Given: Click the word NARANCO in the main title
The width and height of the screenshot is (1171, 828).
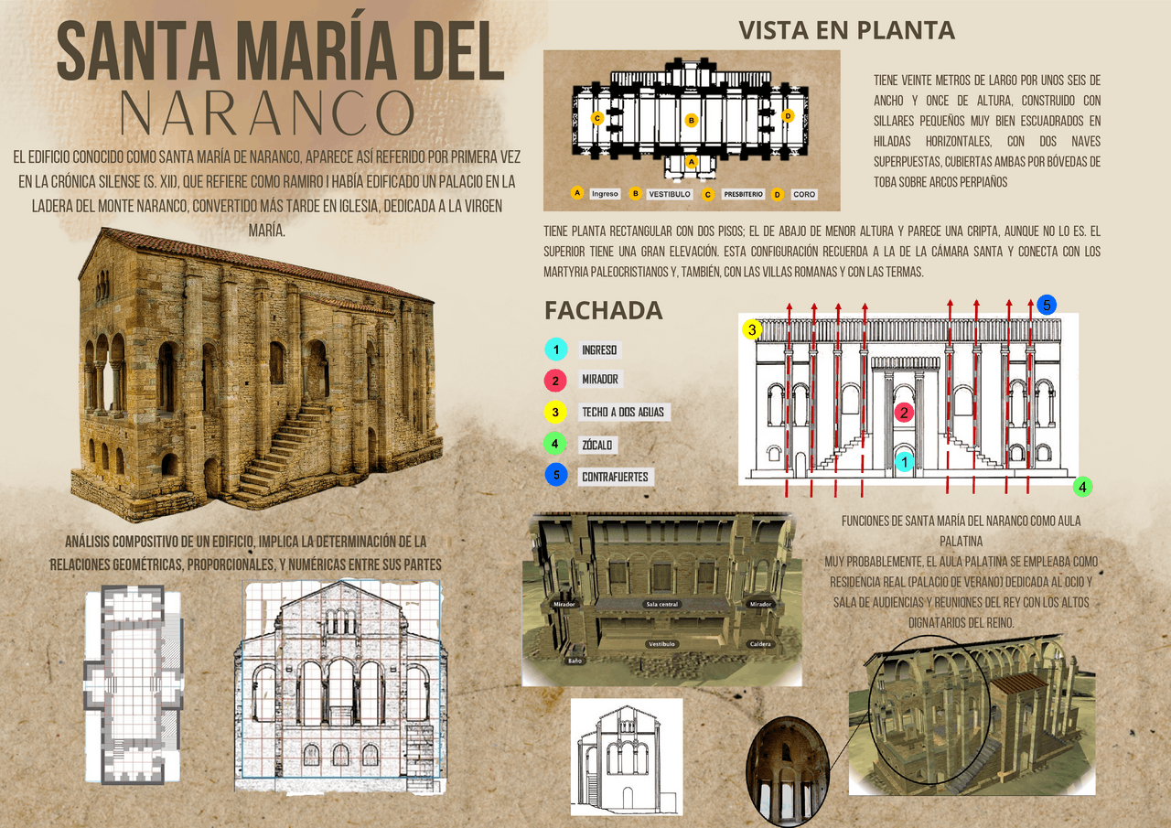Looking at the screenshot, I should point(268,112).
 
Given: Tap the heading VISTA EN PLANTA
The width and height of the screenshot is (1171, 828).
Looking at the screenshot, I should point(846,30).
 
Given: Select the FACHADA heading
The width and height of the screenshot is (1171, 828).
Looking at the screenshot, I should point(603,310).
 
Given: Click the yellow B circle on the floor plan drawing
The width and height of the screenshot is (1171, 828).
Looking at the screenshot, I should point(692,120).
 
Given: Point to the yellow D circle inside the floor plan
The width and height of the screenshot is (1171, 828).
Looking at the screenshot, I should point(788,116).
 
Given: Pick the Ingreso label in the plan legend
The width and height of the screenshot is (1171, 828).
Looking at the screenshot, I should point(605,193).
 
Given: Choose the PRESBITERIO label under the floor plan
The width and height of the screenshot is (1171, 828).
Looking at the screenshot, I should point(742,194).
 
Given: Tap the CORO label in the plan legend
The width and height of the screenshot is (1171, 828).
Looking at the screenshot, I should point(803,194).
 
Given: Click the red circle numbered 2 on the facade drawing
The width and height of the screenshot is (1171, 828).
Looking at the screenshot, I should point(904,412).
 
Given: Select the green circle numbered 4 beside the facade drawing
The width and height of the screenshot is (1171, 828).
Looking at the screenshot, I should point(1083,487).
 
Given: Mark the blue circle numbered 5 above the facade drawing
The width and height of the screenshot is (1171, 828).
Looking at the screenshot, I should point(1047,305).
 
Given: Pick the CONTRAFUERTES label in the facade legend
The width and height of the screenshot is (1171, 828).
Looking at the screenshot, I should point(615,477).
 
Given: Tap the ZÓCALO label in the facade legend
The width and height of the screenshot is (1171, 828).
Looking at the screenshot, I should point(597,446).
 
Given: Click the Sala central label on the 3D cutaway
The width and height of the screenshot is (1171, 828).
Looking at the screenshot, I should point(661,604).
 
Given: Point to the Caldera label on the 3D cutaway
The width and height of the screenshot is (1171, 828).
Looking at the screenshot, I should point(760,644).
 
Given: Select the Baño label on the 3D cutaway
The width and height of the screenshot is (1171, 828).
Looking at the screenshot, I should point(575,660).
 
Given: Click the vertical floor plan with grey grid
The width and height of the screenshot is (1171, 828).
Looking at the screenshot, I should point(133,684).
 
